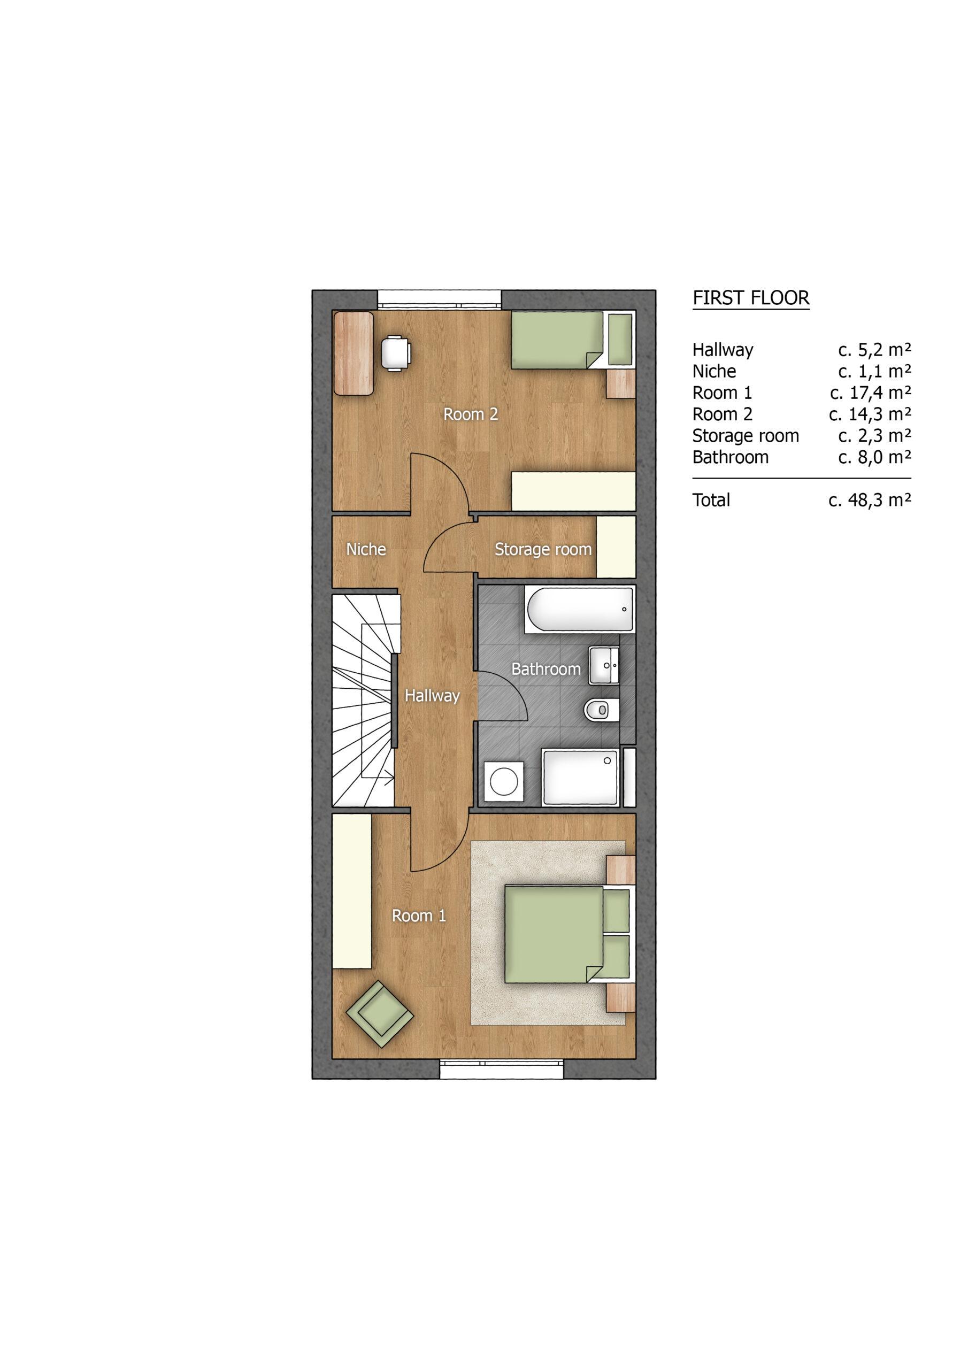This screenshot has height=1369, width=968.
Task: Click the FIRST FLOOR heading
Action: pos(751,297)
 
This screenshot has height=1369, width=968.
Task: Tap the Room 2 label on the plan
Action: pos(471,414)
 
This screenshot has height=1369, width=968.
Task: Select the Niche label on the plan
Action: pos(366,549)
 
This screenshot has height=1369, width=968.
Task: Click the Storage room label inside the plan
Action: pos(543,550)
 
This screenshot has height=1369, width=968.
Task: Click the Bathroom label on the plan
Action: pos(546,669)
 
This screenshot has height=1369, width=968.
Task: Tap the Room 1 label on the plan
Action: pos(419,916)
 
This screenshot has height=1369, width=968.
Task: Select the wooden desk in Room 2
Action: pos(354,353)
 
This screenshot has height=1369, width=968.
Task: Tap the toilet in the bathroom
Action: pos(601,710)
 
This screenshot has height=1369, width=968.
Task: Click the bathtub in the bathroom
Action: pos(580,610)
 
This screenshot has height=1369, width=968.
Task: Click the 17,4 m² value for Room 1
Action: pos(870,393)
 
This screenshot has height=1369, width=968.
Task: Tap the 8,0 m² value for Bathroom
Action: pos(874,457)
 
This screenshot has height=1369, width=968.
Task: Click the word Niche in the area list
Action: pos(714,372)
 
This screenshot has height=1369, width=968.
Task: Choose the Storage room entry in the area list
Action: pos(746,436)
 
